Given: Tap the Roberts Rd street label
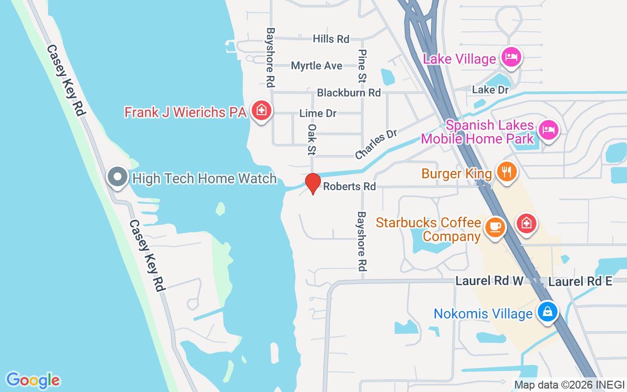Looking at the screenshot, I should point(349,187).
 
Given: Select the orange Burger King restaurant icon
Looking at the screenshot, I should point(507,172).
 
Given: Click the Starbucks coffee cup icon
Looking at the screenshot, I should point(495,227).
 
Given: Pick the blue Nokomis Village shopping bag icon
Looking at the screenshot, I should point(547,311).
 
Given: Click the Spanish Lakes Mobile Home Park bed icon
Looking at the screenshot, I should point(548,130).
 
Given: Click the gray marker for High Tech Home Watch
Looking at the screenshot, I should point(118,176).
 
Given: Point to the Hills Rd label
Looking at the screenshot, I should point(331,39).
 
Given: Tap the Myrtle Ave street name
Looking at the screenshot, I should point(316,66).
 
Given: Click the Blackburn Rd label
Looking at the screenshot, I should point(349,92).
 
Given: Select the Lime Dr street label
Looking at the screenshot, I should point(318,113).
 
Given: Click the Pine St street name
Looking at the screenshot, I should point(362,65).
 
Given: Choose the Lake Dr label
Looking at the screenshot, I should point(490,90).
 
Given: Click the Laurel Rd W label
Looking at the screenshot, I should point(489,281).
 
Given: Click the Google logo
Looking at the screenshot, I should point(33,380).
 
